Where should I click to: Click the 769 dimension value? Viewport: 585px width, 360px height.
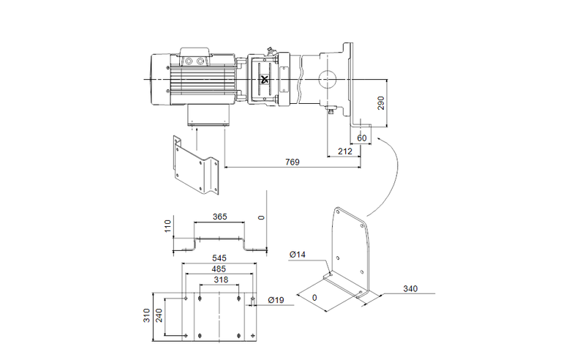292,161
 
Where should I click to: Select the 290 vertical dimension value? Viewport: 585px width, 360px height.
380,103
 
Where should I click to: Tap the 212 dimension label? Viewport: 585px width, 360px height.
346,151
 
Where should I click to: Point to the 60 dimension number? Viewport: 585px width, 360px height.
362,137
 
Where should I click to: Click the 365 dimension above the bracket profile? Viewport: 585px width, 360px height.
219,217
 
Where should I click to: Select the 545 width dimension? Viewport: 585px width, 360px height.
219,258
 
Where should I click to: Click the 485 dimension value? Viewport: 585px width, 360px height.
219,269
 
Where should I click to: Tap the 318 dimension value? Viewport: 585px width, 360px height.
219,280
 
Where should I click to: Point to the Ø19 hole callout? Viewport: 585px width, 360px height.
276,300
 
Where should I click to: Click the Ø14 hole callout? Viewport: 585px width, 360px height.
298,254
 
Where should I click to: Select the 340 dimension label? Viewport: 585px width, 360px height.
412,289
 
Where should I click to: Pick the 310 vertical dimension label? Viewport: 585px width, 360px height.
147,315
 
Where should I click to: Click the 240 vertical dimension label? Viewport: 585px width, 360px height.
159,315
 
